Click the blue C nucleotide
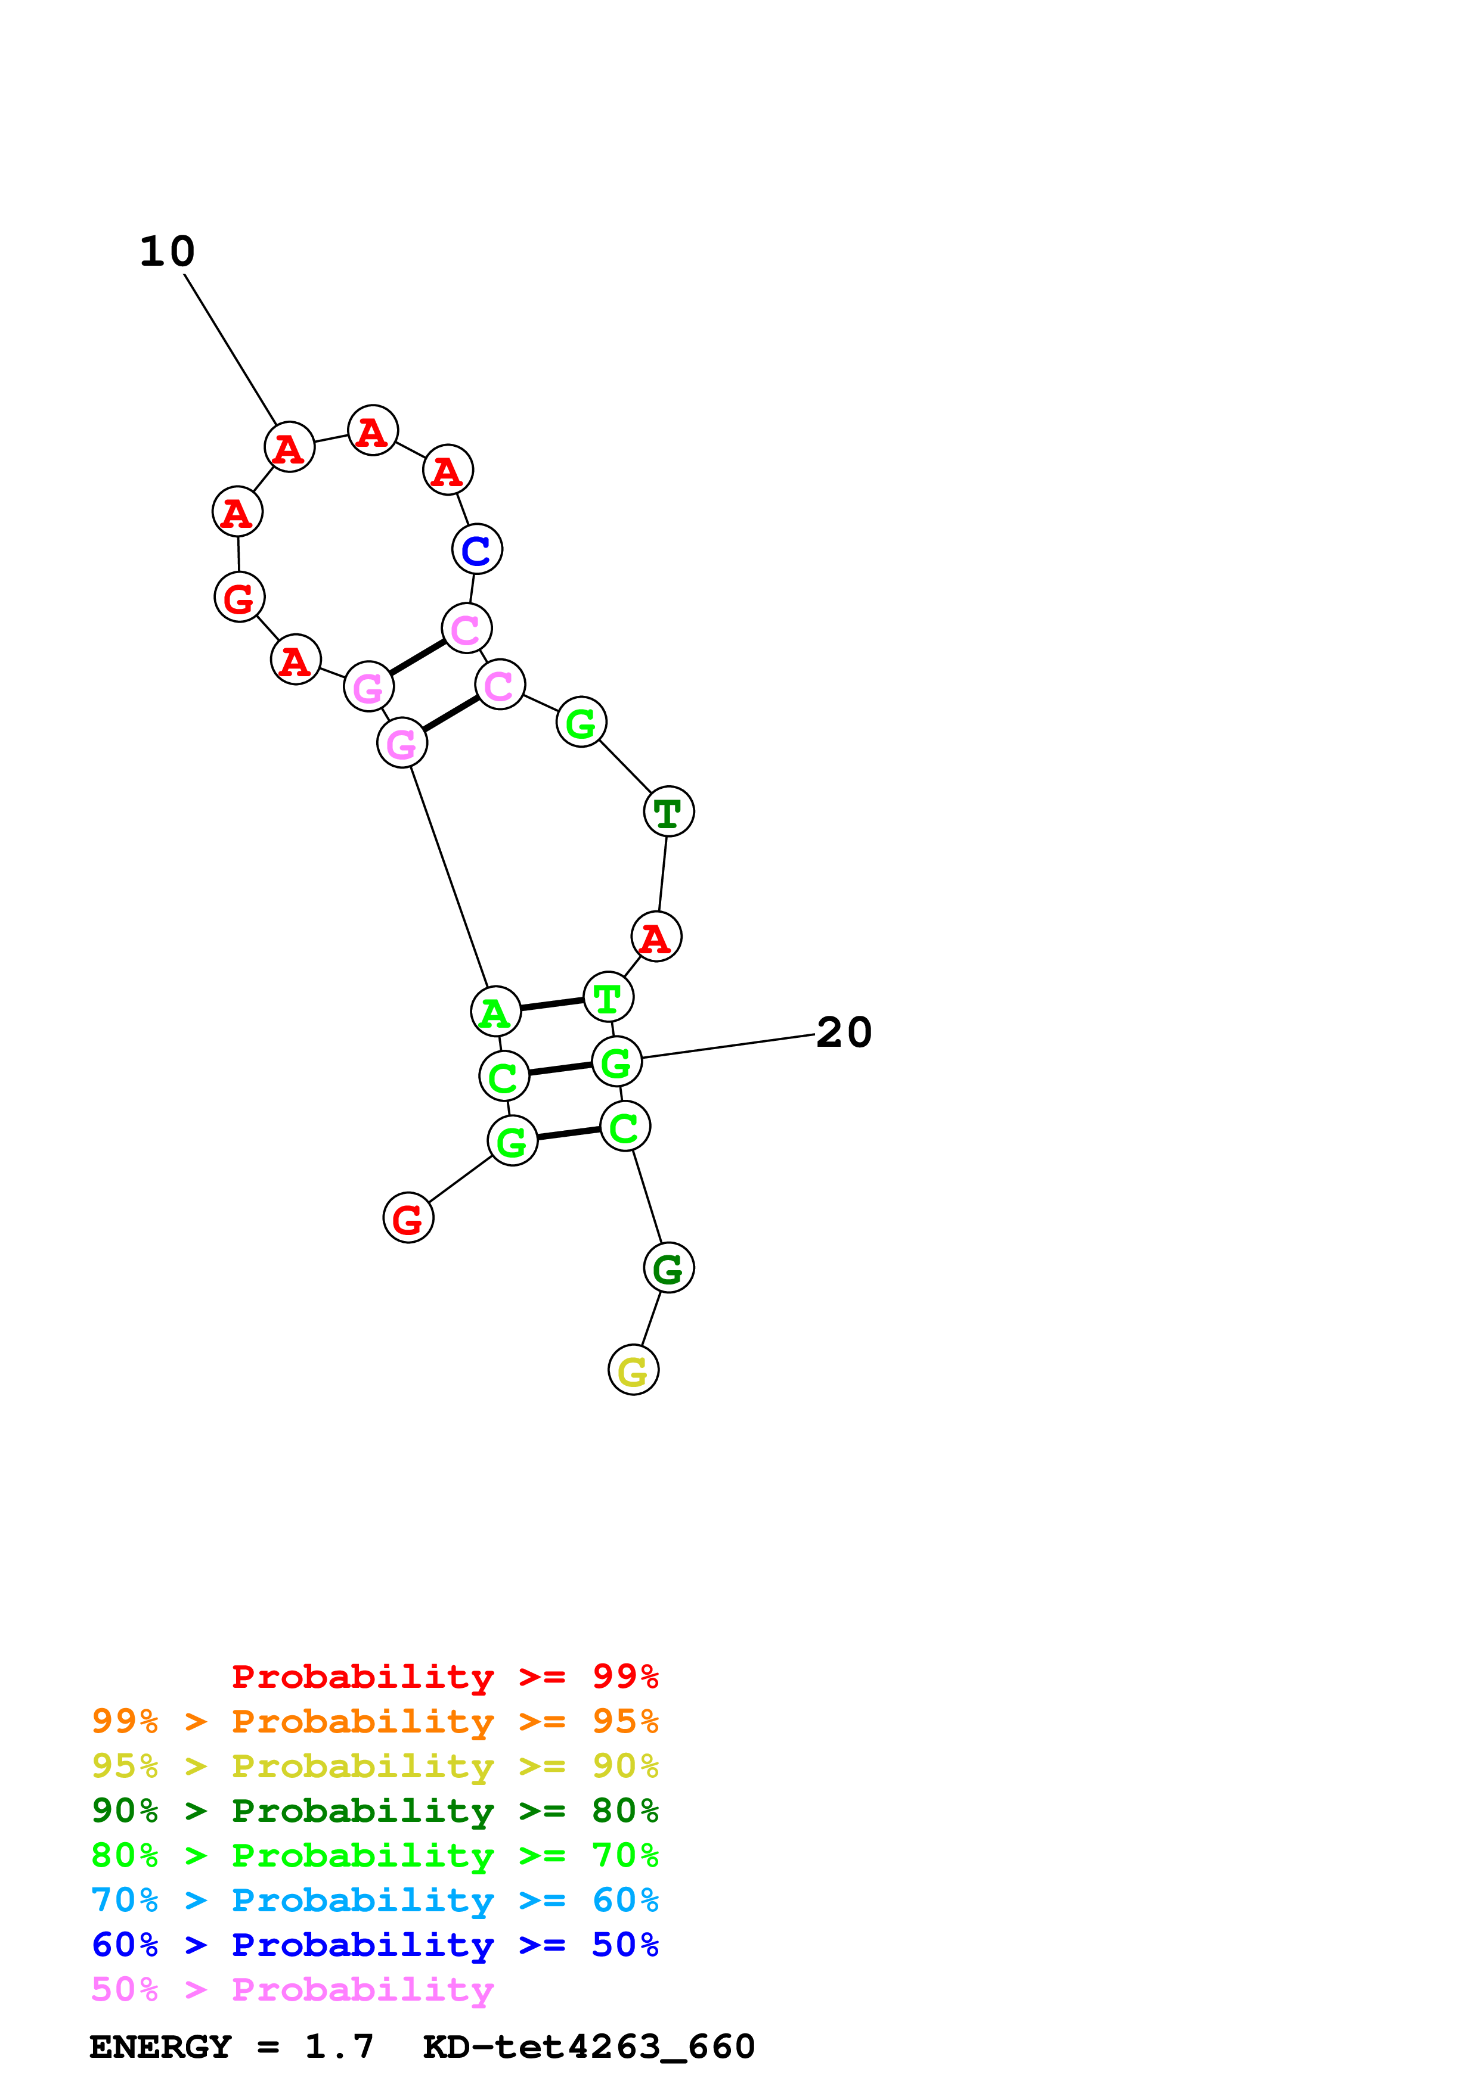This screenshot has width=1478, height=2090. pyautogui.click(x=476, y=550)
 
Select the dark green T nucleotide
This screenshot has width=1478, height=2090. pyautogui.click(x=668, y=812)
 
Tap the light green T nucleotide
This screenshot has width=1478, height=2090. pyautogui.click(x=608, y=998)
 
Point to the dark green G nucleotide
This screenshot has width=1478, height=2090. pyautogui.click(x=668, y=1268)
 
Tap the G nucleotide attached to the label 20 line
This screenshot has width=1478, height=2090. pyautogui.click(x=616, y=1062)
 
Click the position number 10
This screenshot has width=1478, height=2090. pyautogui.click(x=168, y=251)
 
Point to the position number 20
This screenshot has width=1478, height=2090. pyautogui.click(x=843, y=1032)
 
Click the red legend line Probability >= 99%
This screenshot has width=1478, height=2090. pyautogui.click(x=444, y=1677)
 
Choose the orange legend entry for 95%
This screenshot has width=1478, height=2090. pyautogui.click(x=375, y=1721)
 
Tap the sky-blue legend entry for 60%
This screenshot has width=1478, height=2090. pyautogui.click(x=375, y=1900)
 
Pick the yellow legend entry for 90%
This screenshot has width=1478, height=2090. pyautogui.click(x=375, y=1766)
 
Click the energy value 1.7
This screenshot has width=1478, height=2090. pyautogui.click(x=339, y=2047)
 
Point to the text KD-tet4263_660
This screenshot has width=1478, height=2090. pyautogui.click(x=588, y=2047)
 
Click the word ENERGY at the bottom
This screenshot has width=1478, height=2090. pyautogui.click(x=160, y=2047)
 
